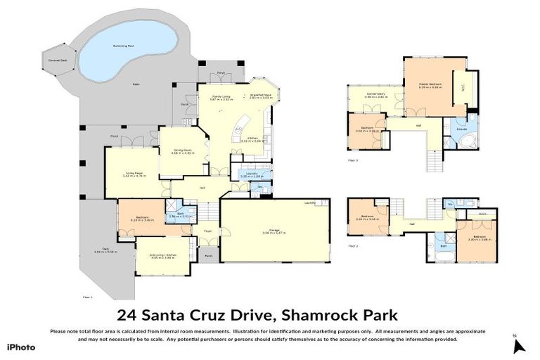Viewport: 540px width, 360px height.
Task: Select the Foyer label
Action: (x=208, y=230)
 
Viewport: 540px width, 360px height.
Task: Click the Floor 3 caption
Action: (x=353, y=160)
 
